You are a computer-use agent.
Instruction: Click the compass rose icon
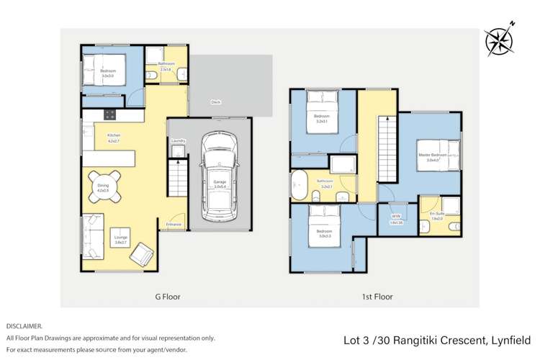click(497, 41)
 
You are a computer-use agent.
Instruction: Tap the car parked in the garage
click(219, 176)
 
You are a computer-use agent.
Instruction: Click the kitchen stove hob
click(110, 114)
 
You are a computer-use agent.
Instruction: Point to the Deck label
click(215, 102)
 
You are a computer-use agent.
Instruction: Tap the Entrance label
click(174, 225)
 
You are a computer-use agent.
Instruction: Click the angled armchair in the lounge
click(143, 253)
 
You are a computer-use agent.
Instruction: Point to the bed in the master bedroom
click(441, 153)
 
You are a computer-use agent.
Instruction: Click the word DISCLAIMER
click(24, 326)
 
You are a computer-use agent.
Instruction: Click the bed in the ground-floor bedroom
click(102, 71)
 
